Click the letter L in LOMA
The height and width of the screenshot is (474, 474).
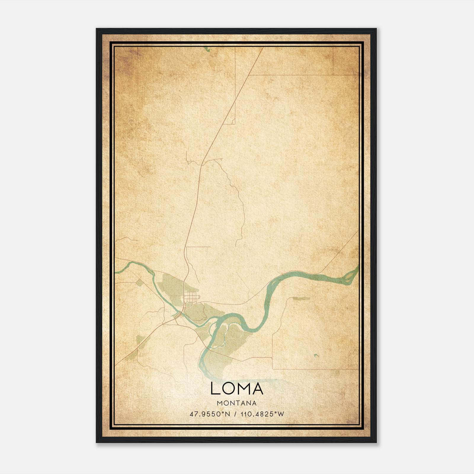point(215,388)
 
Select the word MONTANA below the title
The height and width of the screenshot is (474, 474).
point(237,403)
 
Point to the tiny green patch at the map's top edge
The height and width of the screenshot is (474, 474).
point(207,49)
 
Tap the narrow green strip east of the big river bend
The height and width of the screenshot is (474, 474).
point(299,298)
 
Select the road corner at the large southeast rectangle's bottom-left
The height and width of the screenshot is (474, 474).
point(272,369)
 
